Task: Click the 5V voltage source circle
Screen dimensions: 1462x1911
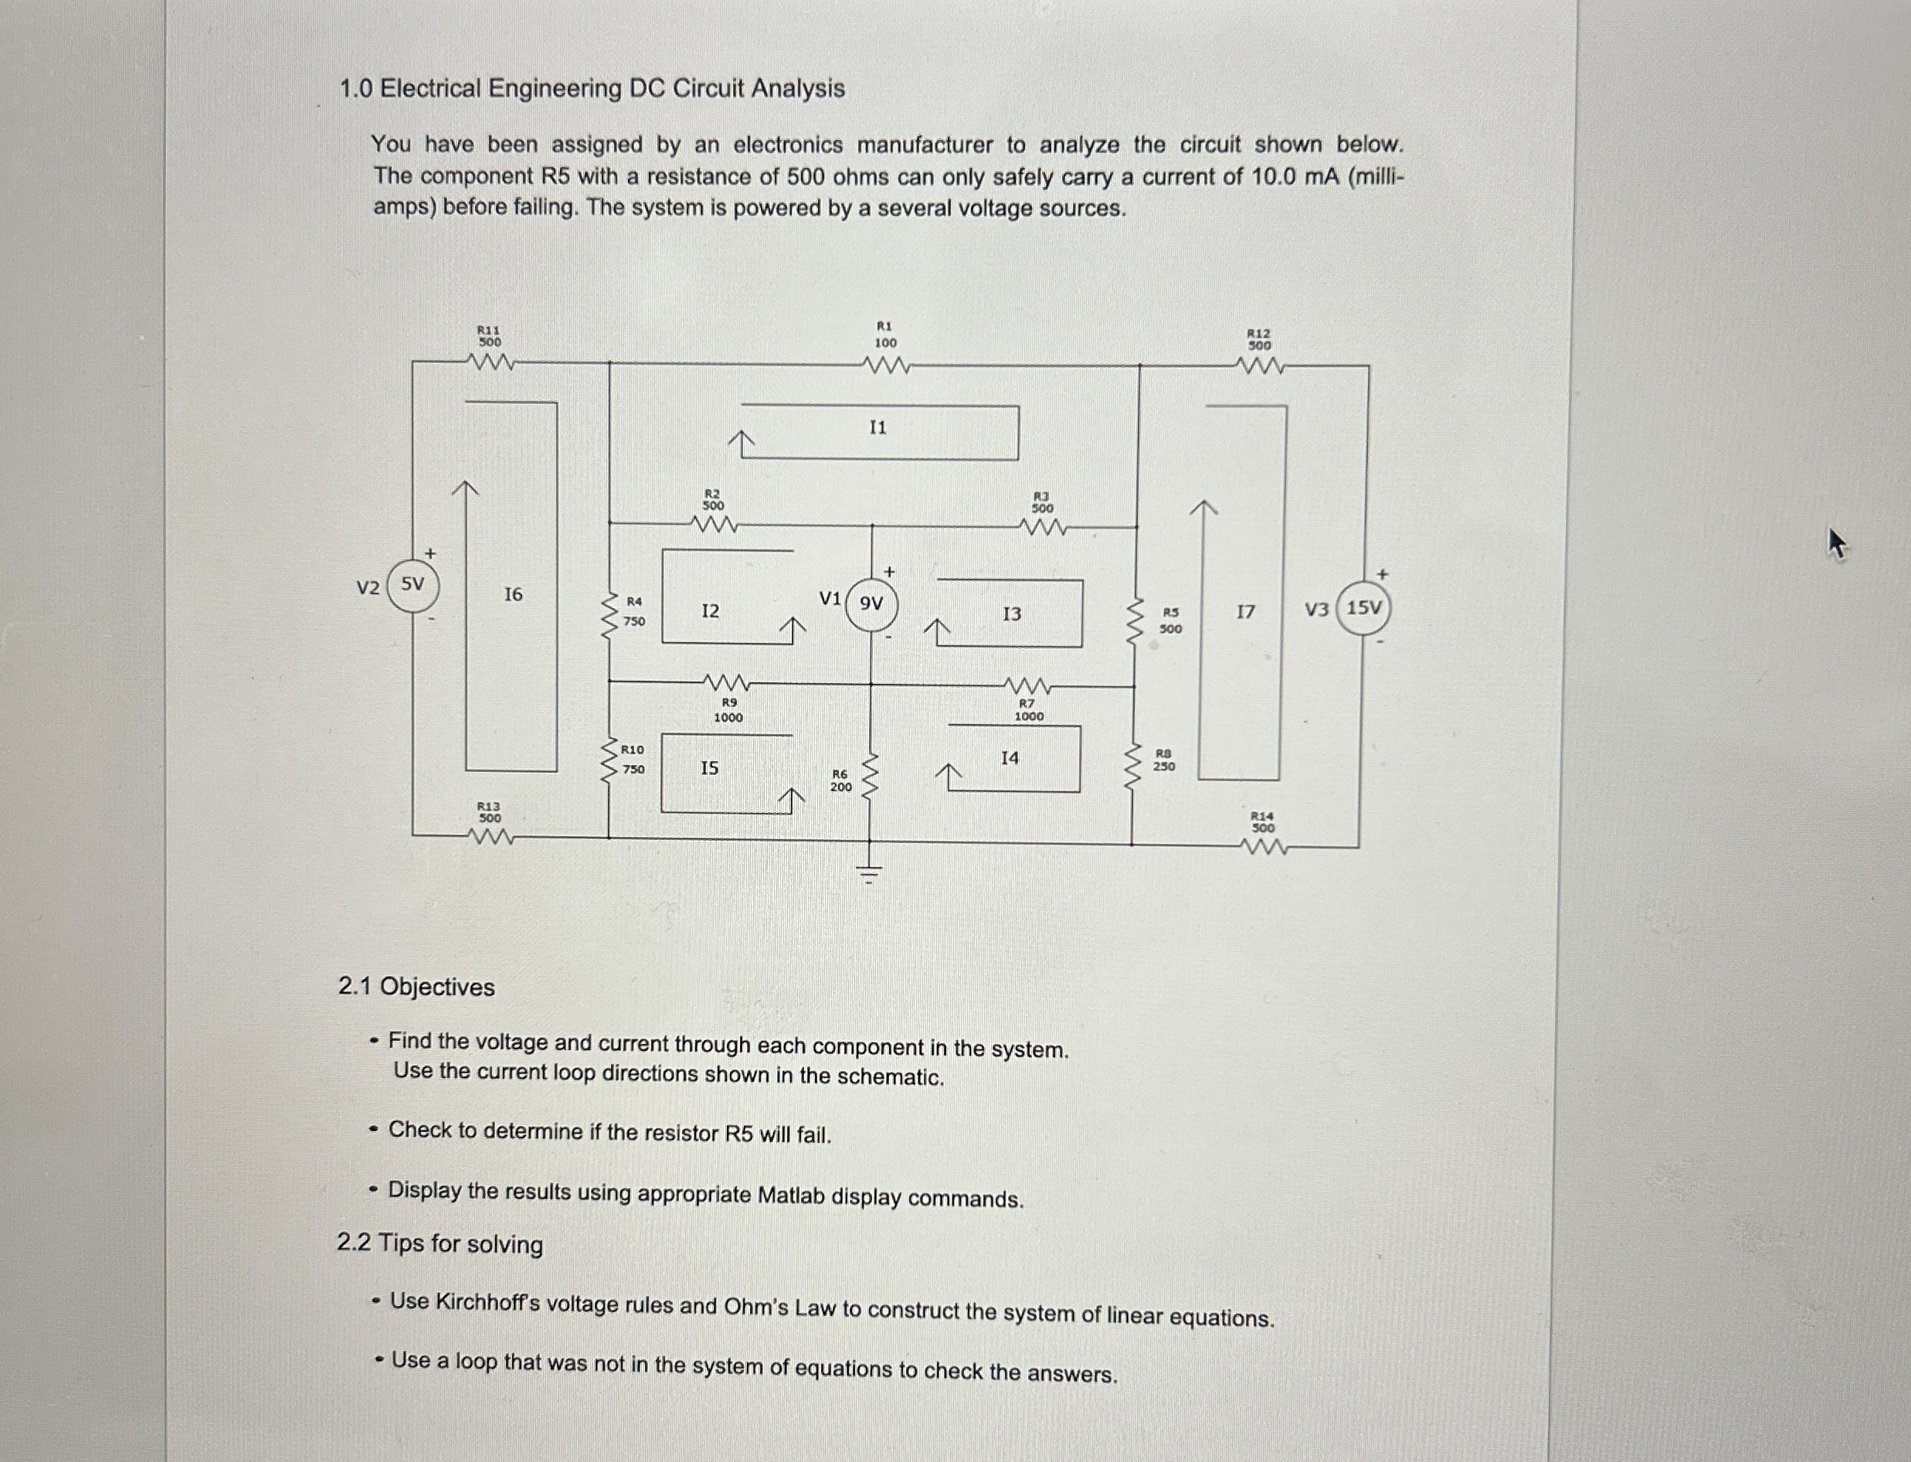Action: [413, 587]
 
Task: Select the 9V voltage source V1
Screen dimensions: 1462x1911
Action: [871, 603]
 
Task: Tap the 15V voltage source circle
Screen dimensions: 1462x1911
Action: [1364, 608]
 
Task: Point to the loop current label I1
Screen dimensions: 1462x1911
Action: [878, 427]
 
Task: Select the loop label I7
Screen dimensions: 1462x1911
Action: [1246, 612]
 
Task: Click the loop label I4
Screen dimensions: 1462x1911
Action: [1009, 758]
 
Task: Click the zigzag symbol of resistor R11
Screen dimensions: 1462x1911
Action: [490, 362]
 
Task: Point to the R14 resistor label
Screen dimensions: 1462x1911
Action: [1262, 821]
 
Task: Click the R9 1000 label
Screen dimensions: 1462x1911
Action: [729, 710]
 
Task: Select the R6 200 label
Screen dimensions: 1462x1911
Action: [840, 780]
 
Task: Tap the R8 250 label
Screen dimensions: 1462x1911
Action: [1164, 760]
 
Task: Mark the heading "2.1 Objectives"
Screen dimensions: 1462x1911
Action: [416, 987]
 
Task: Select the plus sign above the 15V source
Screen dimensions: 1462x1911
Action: [1383, 574]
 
